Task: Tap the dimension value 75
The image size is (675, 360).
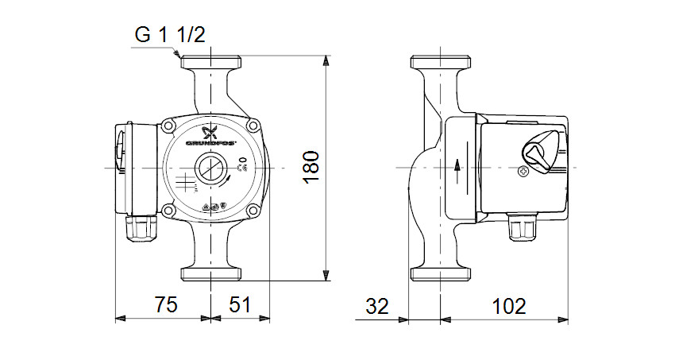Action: [165, 304]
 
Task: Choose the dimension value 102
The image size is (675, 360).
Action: [508, 304]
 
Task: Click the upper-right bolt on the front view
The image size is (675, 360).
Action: [253, 126]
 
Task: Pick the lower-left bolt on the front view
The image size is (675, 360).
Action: [170, 211]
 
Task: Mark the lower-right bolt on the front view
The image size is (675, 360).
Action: [253, 211]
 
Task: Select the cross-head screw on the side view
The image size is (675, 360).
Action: [523, 172]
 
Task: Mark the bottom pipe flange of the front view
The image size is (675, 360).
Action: [211, 274]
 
